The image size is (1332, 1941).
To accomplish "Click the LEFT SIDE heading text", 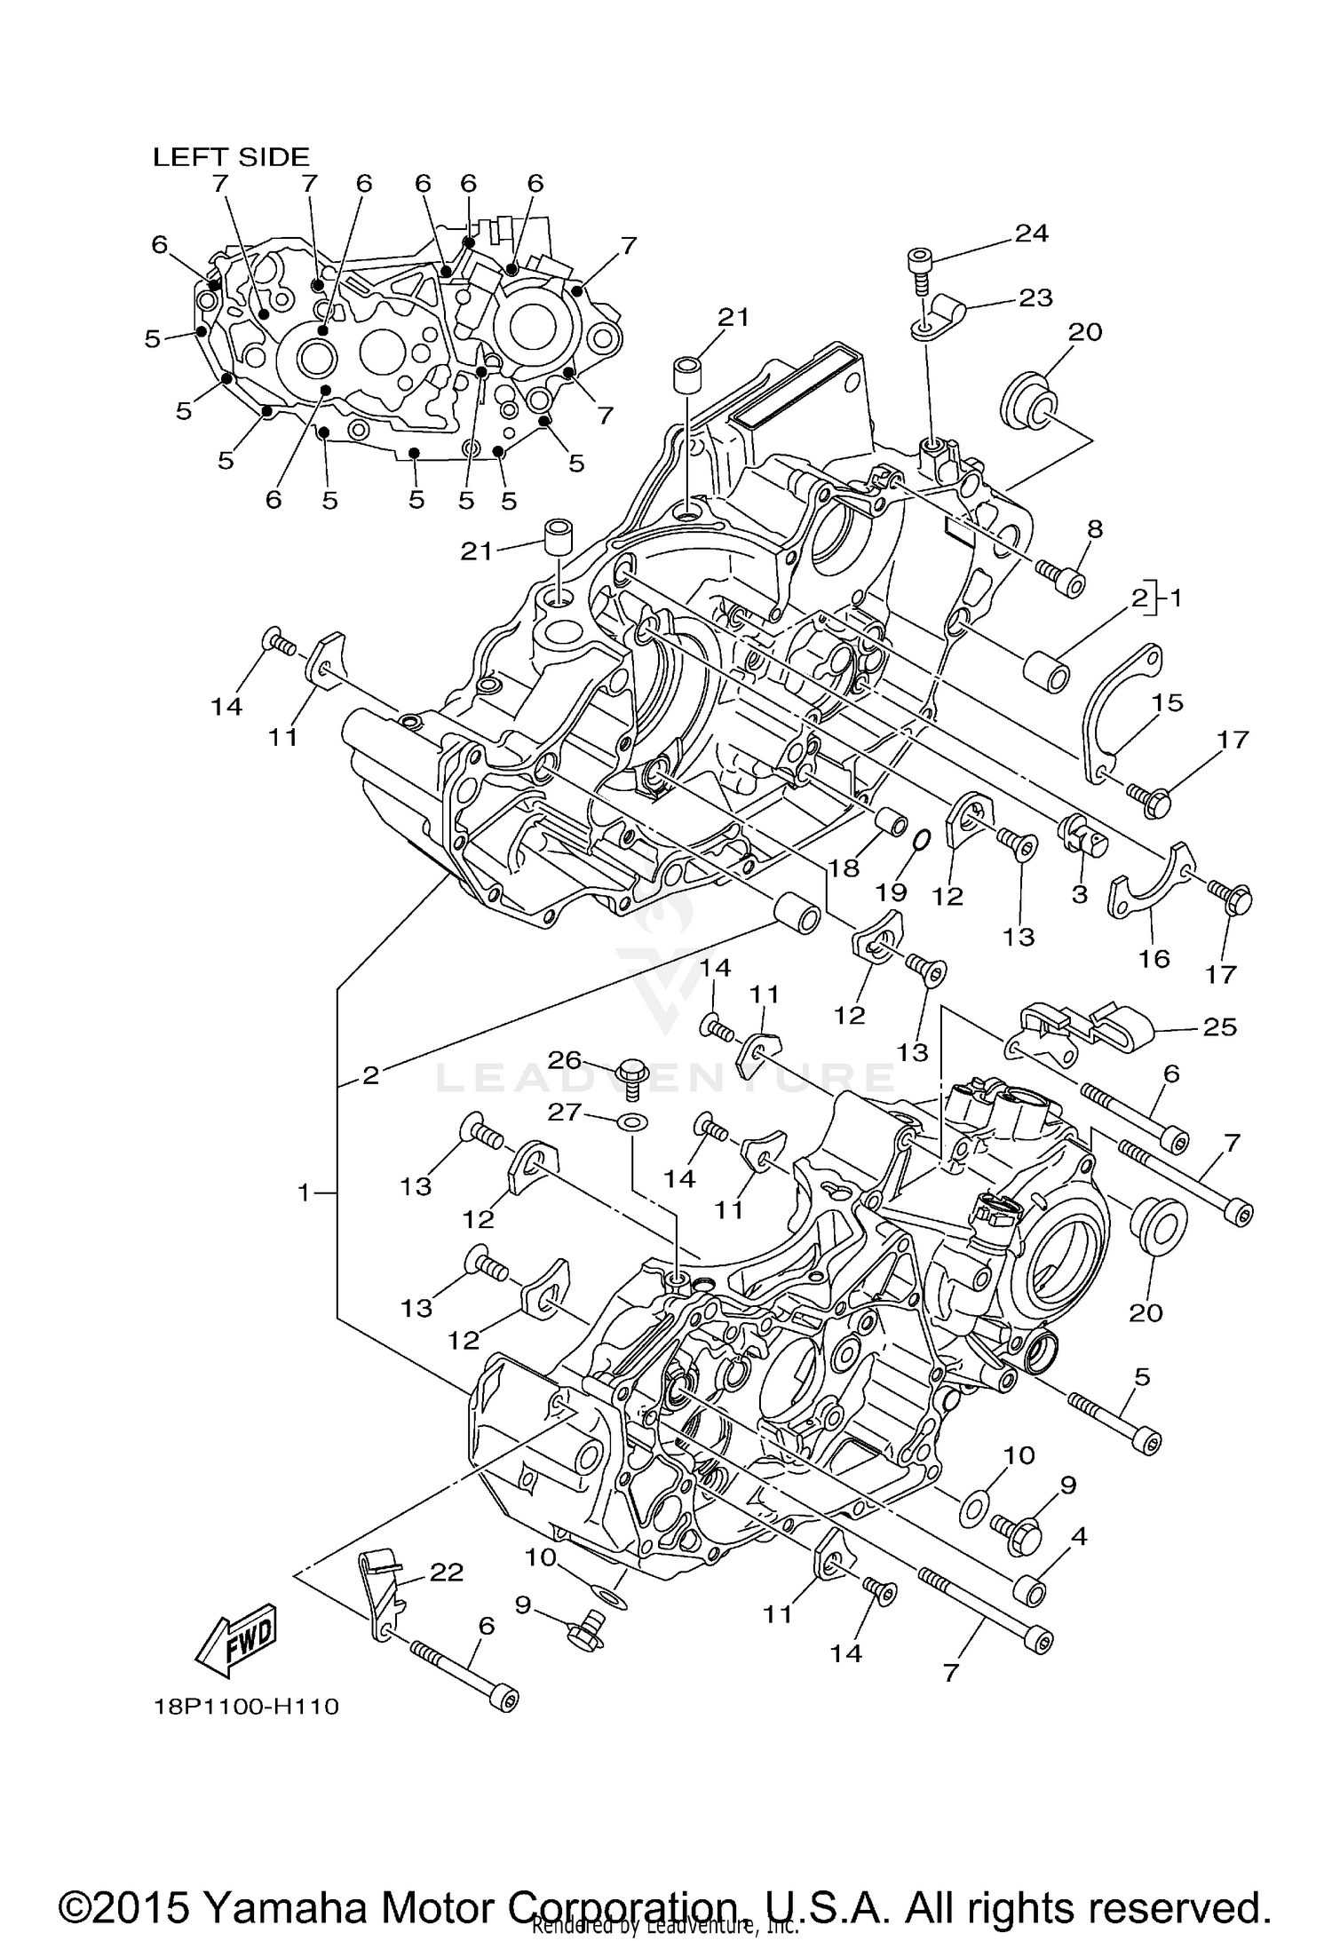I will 231,157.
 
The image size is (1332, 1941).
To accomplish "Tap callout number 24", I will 1032,234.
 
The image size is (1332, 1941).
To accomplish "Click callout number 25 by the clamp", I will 1219,1027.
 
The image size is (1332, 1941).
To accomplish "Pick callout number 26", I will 564,1060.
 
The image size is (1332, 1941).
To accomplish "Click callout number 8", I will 1094,529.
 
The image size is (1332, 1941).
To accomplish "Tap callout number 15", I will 1168,702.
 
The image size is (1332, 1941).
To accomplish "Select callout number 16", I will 1154,958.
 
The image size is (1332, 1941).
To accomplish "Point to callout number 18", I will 844,868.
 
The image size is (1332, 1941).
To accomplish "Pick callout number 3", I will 1079,893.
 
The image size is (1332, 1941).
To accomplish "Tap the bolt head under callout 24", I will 919,260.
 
